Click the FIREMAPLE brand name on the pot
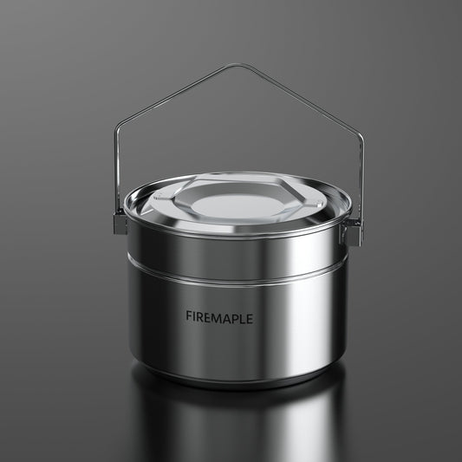click(x=219, y=318)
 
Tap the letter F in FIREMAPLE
click(x=189, y=318)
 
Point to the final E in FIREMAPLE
click(x=250, y=318)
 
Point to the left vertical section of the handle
click(x=116, y=173)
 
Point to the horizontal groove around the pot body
click(x=234, y=276)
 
